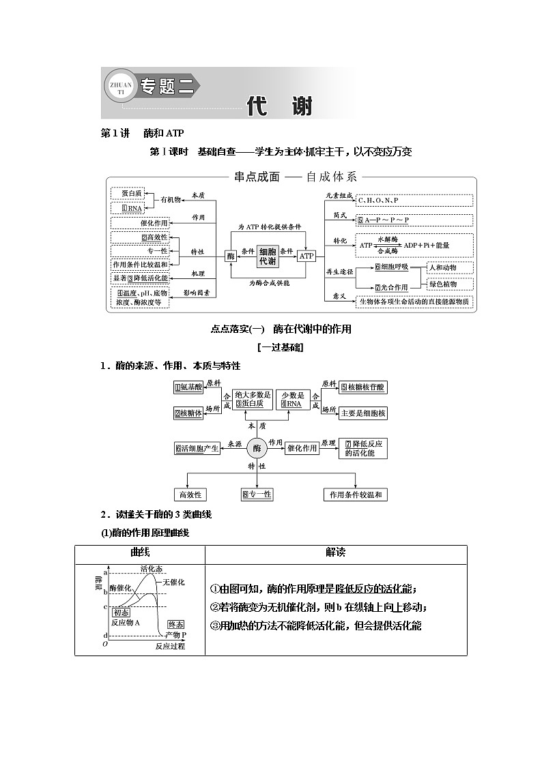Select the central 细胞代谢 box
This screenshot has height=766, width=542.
tap(268, 256)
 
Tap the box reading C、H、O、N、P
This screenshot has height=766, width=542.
tap(414, 200)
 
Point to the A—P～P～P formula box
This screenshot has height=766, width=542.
tap(414, 220)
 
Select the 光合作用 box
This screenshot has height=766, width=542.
tap(391, 287)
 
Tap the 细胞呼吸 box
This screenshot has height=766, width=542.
tap(391, 267)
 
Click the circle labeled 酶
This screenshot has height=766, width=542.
tap(257, 448)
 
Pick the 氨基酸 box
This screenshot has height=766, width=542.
tap(188, 387)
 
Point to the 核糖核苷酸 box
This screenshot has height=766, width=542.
tap(362, 387)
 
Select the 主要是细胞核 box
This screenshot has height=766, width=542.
tap(362, 413)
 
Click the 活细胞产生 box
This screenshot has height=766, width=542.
tap(197, 448)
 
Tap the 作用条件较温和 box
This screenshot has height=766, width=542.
tap(355, 495)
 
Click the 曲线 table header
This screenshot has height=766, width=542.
tap(140, 553)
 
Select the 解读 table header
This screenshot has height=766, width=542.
tap(335, 553)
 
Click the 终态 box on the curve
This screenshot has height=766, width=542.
tap(176, 624)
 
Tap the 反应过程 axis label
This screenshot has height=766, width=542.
tap(169, 645)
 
